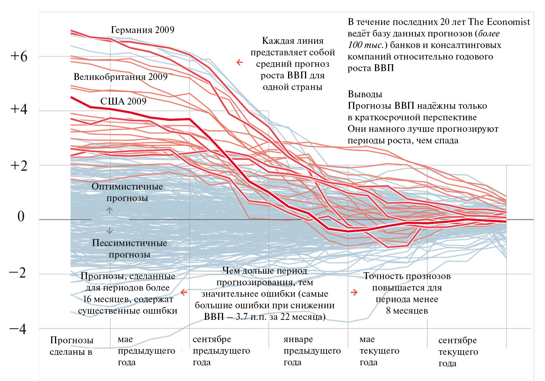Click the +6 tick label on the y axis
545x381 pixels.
19,57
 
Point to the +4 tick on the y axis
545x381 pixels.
19,109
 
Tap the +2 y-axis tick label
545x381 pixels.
19,166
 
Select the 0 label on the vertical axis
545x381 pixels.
21,216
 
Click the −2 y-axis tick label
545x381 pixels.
18,273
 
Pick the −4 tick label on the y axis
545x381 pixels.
18,329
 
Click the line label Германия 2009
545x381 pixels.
142,30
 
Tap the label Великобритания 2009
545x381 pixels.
120,77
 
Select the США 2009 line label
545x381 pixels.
123,101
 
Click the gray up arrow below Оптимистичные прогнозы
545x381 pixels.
110,210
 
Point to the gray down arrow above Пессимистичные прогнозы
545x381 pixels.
110,231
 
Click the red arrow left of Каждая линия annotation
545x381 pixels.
240,62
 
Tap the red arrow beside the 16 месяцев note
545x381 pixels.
184,293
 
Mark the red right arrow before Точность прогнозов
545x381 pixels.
354,293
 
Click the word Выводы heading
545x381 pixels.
365,94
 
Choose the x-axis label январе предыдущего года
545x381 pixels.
312,351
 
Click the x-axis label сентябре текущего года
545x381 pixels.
458,352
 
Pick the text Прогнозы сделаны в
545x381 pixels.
72,346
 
